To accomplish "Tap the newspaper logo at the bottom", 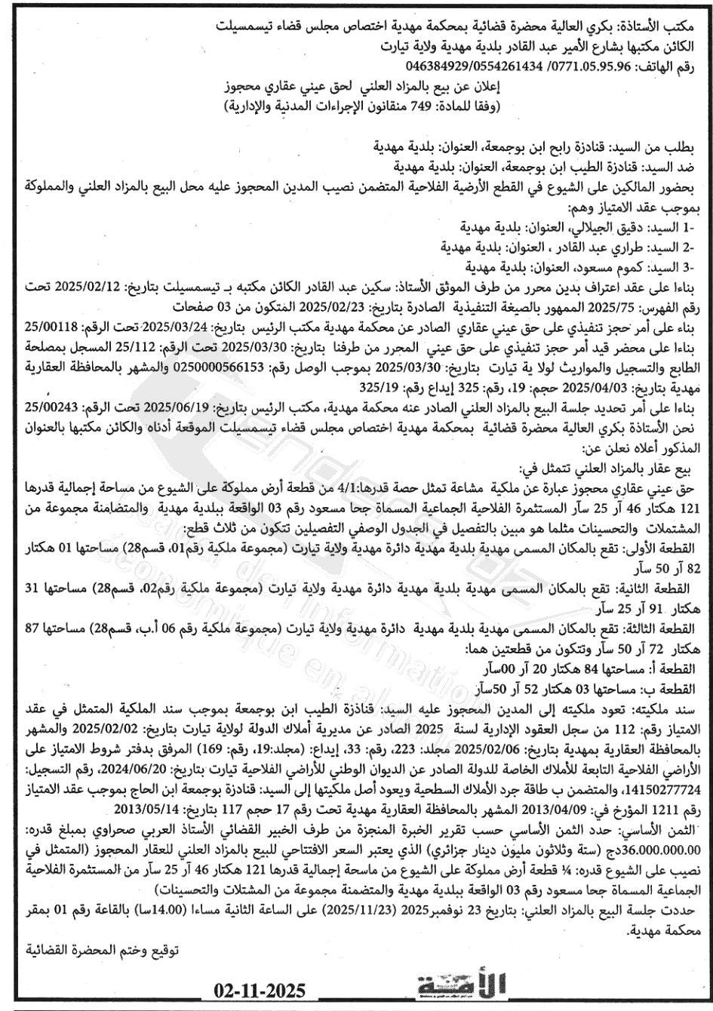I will pyautogui.click(x=463, y=986).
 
